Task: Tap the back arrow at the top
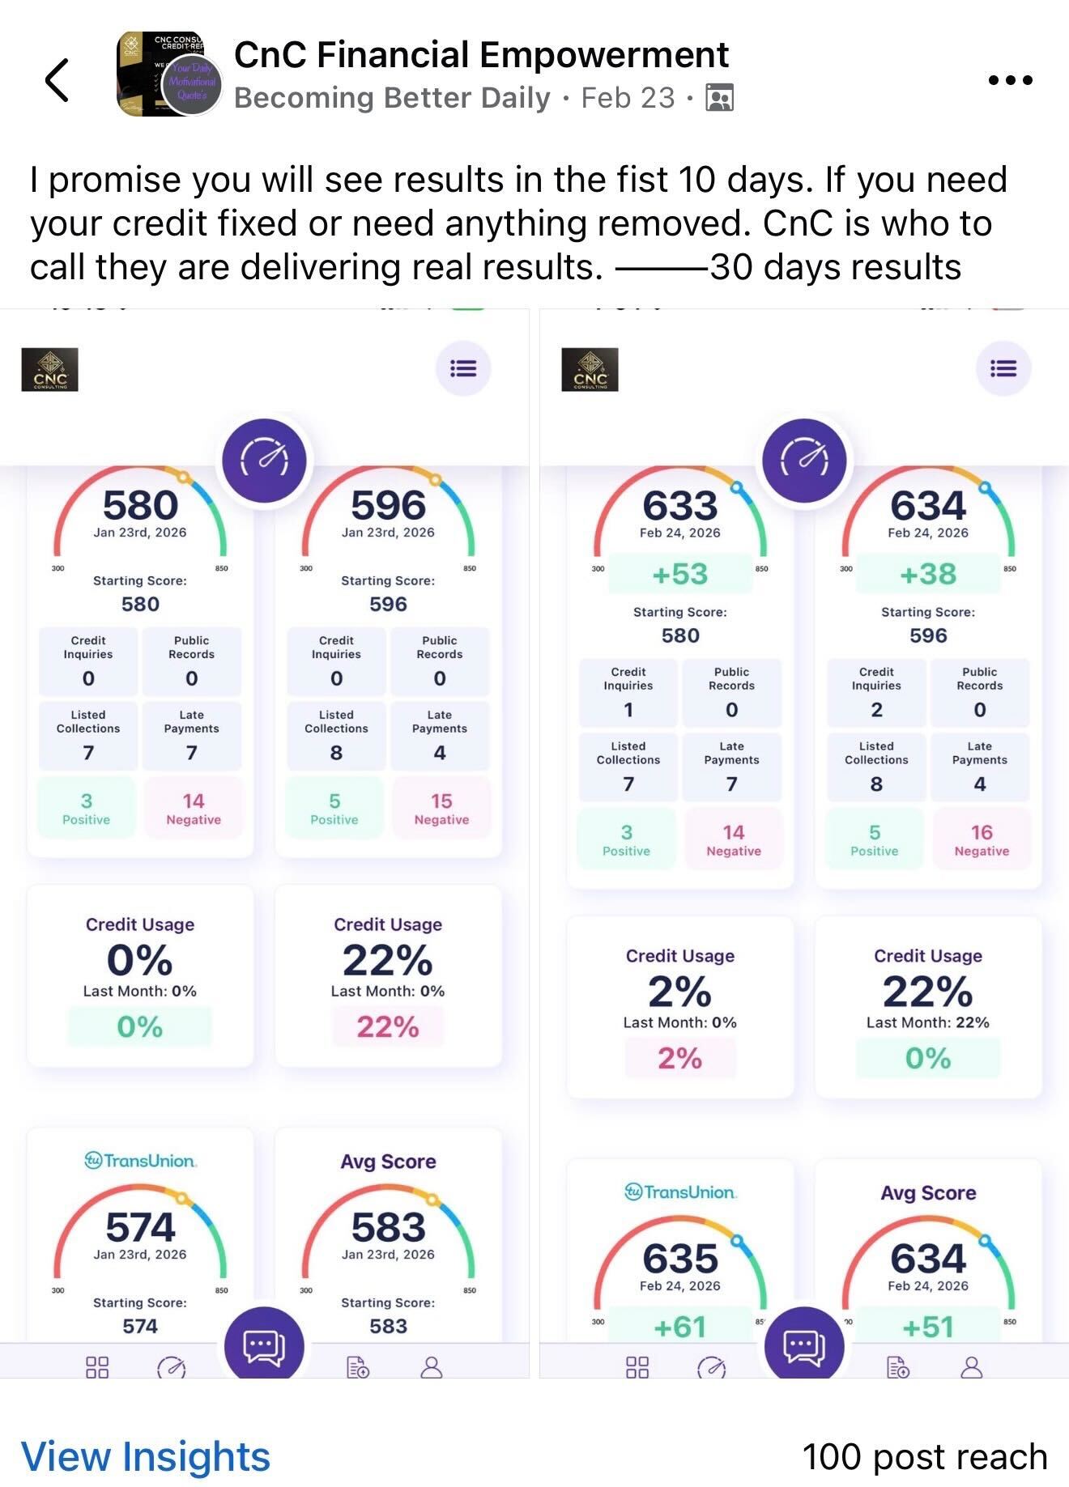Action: point(57,79)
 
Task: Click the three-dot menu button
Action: point(1010,79)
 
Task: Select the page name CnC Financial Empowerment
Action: point(481,55)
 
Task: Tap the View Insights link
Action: point(145,1455)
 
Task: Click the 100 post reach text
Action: point(924,1455)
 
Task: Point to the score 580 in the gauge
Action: point(140,505)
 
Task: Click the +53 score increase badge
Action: point(680,574)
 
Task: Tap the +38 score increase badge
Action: point(928,574)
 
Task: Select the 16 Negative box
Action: point(982,839)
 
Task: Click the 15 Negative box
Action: point(441,808)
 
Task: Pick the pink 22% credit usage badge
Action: point(388,1026)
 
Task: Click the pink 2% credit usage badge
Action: point(680,1058)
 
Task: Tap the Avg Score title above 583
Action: point(388,1161)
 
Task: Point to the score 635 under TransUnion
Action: point(680,1258)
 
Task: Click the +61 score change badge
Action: point(680,1327)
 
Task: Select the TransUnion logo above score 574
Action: point(140,1161)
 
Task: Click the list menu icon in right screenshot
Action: point(1003,369)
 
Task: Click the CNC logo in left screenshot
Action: point(49,369)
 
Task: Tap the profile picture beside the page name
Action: point(168,74)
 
